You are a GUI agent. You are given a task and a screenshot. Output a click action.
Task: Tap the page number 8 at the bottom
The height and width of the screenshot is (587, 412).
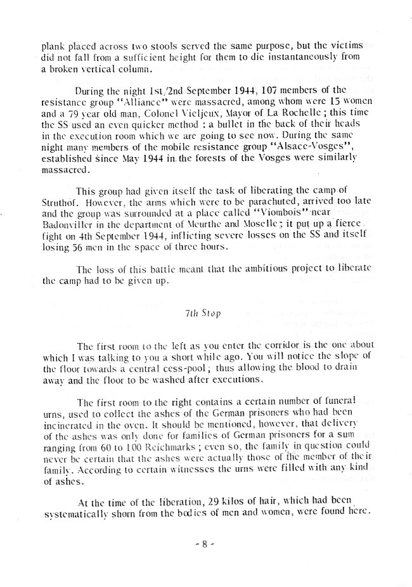206,551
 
